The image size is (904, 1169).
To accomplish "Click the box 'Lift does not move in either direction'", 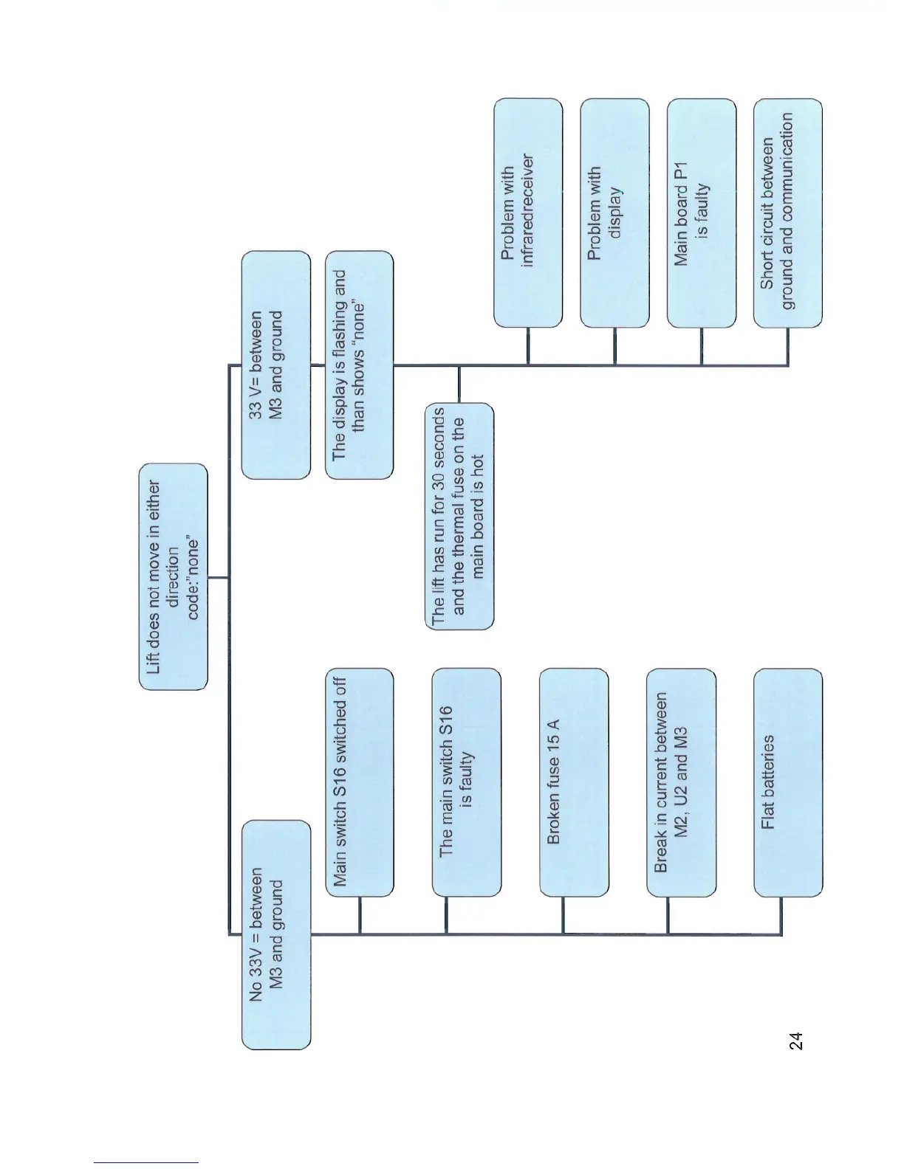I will coord(174,576).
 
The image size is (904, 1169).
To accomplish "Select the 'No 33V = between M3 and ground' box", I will coord(276,934).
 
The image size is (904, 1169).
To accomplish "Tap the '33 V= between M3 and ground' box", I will coord(276,365).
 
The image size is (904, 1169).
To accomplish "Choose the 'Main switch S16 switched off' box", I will coord(360,782).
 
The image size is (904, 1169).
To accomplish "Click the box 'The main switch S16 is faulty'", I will coord(466,782).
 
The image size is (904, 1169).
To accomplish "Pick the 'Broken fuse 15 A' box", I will coord(574,782).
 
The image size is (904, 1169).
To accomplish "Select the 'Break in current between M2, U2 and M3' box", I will coord(681,782).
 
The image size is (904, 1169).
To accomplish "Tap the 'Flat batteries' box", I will coord(787,782).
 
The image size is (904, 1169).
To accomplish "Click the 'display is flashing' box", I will coord(359,365).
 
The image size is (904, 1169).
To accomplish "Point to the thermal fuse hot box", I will coord(459,516).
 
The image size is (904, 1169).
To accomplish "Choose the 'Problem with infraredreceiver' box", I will coord(527,213).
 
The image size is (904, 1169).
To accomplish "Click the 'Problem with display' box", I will coord(614,213).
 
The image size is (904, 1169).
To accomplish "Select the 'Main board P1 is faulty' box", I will coord(701,213).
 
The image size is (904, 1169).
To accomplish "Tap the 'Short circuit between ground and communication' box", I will coord(787,213).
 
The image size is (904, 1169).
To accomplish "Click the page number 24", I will coord(795,1041).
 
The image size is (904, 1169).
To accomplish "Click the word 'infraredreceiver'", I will coord(527,210).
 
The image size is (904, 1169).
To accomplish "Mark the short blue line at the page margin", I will coord(146,1162).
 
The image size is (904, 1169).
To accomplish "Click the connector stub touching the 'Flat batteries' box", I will coord(781,915).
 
